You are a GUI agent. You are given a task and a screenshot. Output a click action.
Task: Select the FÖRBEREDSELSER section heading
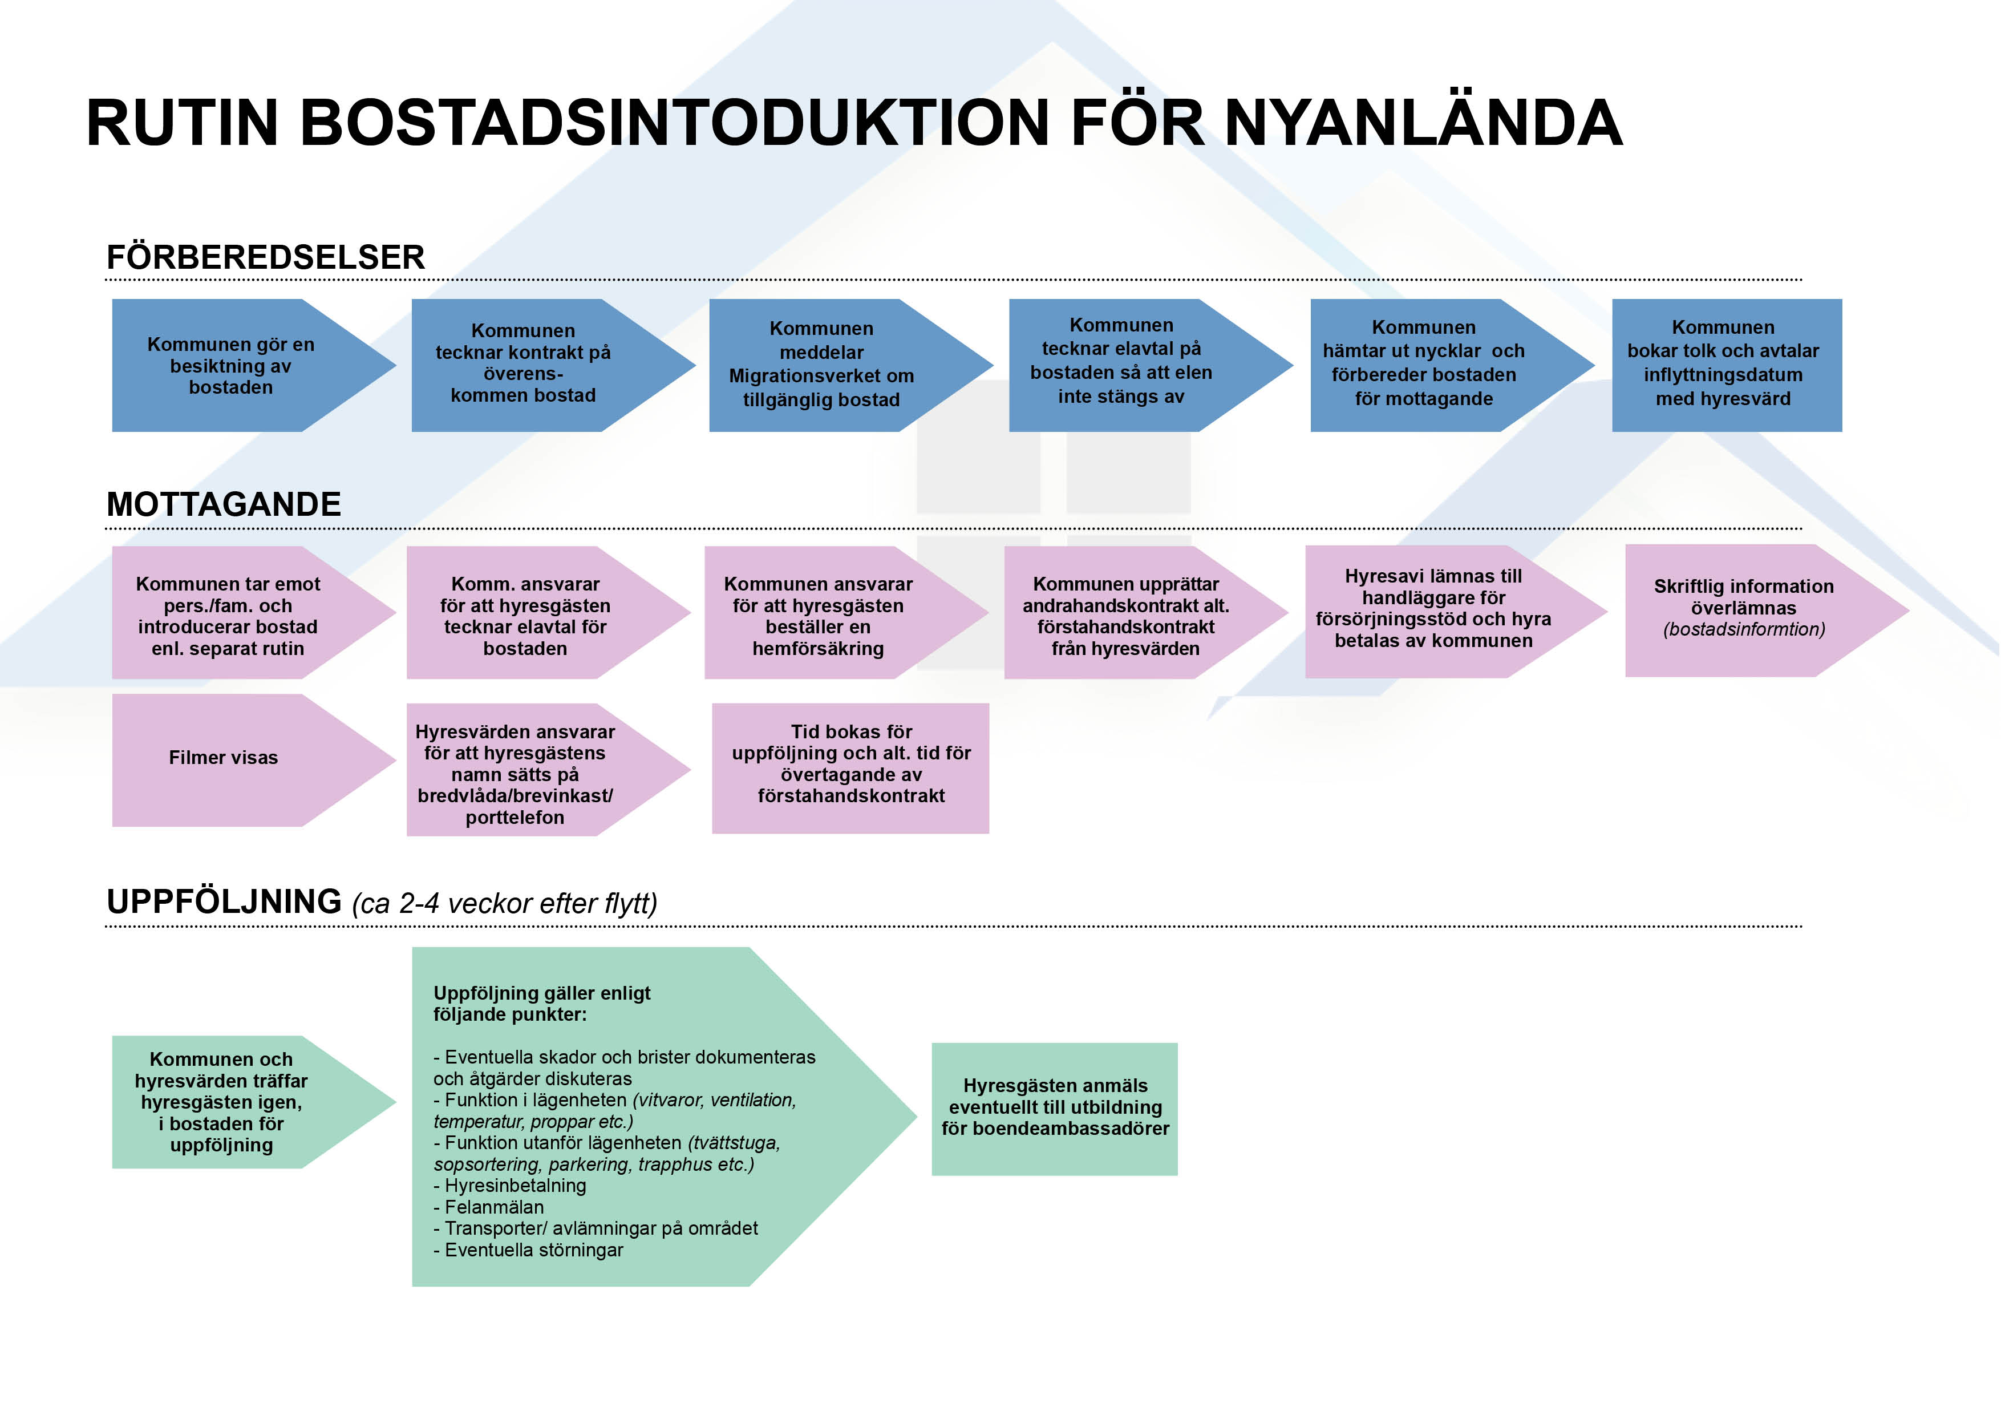266,257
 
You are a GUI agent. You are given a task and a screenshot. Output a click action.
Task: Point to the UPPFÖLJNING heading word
224,901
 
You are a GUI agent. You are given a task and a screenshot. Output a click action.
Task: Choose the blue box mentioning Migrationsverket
850,365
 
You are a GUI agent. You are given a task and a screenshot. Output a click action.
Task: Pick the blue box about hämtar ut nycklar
1452,365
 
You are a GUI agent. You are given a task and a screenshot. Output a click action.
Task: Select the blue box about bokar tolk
1727,365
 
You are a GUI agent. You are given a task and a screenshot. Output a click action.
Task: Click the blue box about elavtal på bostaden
1151,365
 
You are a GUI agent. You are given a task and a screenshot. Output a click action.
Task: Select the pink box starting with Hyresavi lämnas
1456,611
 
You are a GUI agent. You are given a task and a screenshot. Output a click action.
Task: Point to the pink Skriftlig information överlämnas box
1767,611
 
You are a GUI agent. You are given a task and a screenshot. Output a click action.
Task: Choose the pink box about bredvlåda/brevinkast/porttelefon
548,770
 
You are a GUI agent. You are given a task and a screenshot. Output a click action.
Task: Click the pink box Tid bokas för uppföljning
850,768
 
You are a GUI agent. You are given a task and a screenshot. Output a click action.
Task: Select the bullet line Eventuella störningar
528,1250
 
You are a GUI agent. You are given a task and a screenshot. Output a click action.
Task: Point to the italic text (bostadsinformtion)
1744,629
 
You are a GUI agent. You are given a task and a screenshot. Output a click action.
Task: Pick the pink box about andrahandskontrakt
1146,612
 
